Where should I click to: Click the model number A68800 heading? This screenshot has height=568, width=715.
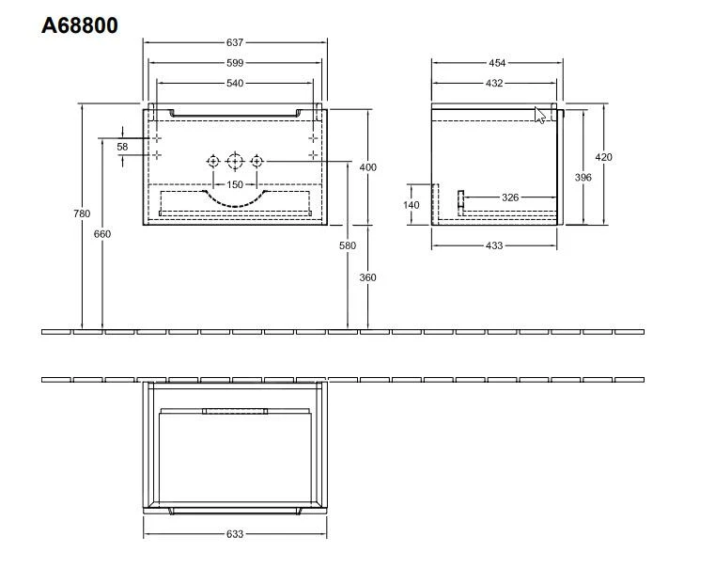coord(80,25)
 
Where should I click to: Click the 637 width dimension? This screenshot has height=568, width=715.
coord(235,42)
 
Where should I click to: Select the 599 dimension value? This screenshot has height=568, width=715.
coord(235,63)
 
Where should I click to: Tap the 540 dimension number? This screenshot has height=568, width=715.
coord(235,84)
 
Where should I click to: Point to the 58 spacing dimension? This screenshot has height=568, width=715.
coord(122,147)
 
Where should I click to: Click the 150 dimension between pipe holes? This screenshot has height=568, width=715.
coord(235,184)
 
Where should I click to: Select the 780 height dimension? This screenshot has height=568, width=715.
coord(83,213)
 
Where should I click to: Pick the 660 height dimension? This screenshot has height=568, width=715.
coord(101,233)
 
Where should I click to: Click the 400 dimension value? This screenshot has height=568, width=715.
coord(368,167)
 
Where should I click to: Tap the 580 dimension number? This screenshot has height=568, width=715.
coord(349,245)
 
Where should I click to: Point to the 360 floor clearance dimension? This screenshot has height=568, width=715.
coord(368,278)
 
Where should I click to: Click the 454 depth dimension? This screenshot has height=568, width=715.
coord(496,63)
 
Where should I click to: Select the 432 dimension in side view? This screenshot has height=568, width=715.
coord(495,84)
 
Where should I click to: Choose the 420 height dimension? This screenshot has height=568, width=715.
coord(603,157)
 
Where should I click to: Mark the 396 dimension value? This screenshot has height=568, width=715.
coord(583,178)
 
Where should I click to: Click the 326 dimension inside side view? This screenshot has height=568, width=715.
coord(510,197)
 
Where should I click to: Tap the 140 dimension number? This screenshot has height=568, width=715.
coord(412,205)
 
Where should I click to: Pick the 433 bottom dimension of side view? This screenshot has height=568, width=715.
coord(494,245)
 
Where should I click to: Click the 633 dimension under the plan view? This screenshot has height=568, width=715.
coord(235,534)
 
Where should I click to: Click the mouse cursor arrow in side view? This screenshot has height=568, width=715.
coord(540,116)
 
